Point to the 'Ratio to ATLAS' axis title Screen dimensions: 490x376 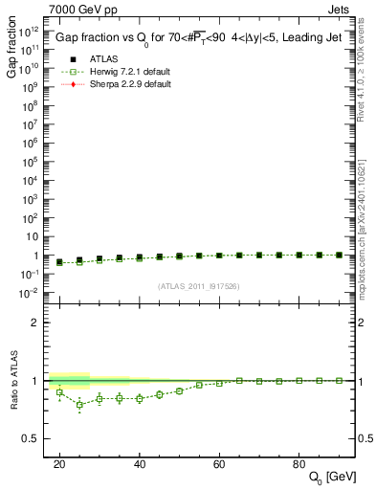click(14, 381)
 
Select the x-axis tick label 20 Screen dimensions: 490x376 click(59, 464)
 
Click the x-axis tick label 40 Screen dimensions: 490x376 click(140, 464)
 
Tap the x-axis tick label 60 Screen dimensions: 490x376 click(219, 464)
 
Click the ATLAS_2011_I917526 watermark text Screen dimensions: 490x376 click(197, 286)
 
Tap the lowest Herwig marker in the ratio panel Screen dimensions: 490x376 click(79, 405)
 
